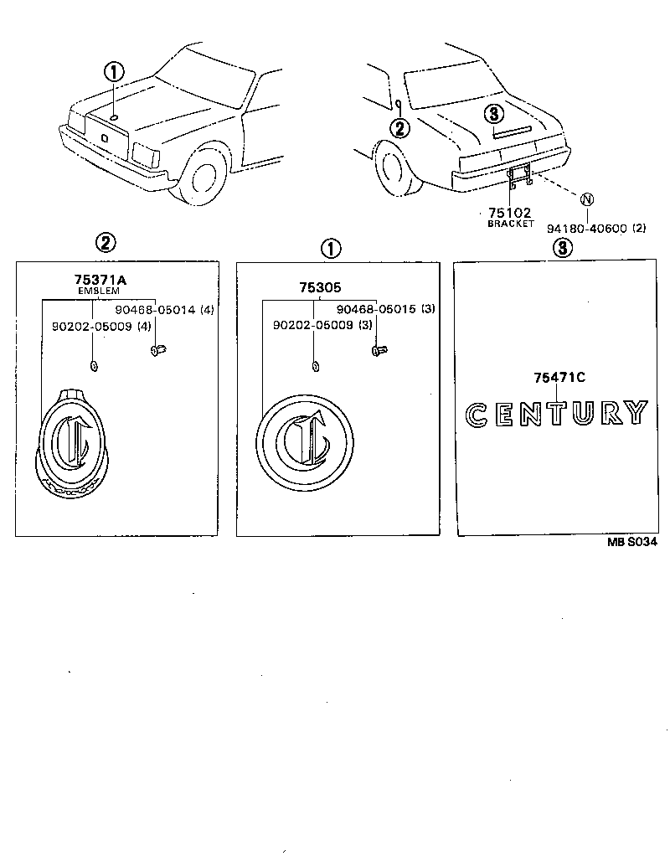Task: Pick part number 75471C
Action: coord(559,379)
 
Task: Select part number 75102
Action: coord(511,214)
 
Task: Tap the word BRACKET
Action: coord(511,224)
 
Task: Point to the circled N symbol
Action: coord(587,199)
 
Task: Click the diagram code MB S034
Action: coord(632,543)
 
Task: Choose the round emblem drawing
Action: coord(306,442)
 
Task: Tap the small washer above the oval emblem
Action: coord(93,364)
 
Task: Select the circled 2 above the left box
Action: coord(106,244)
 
